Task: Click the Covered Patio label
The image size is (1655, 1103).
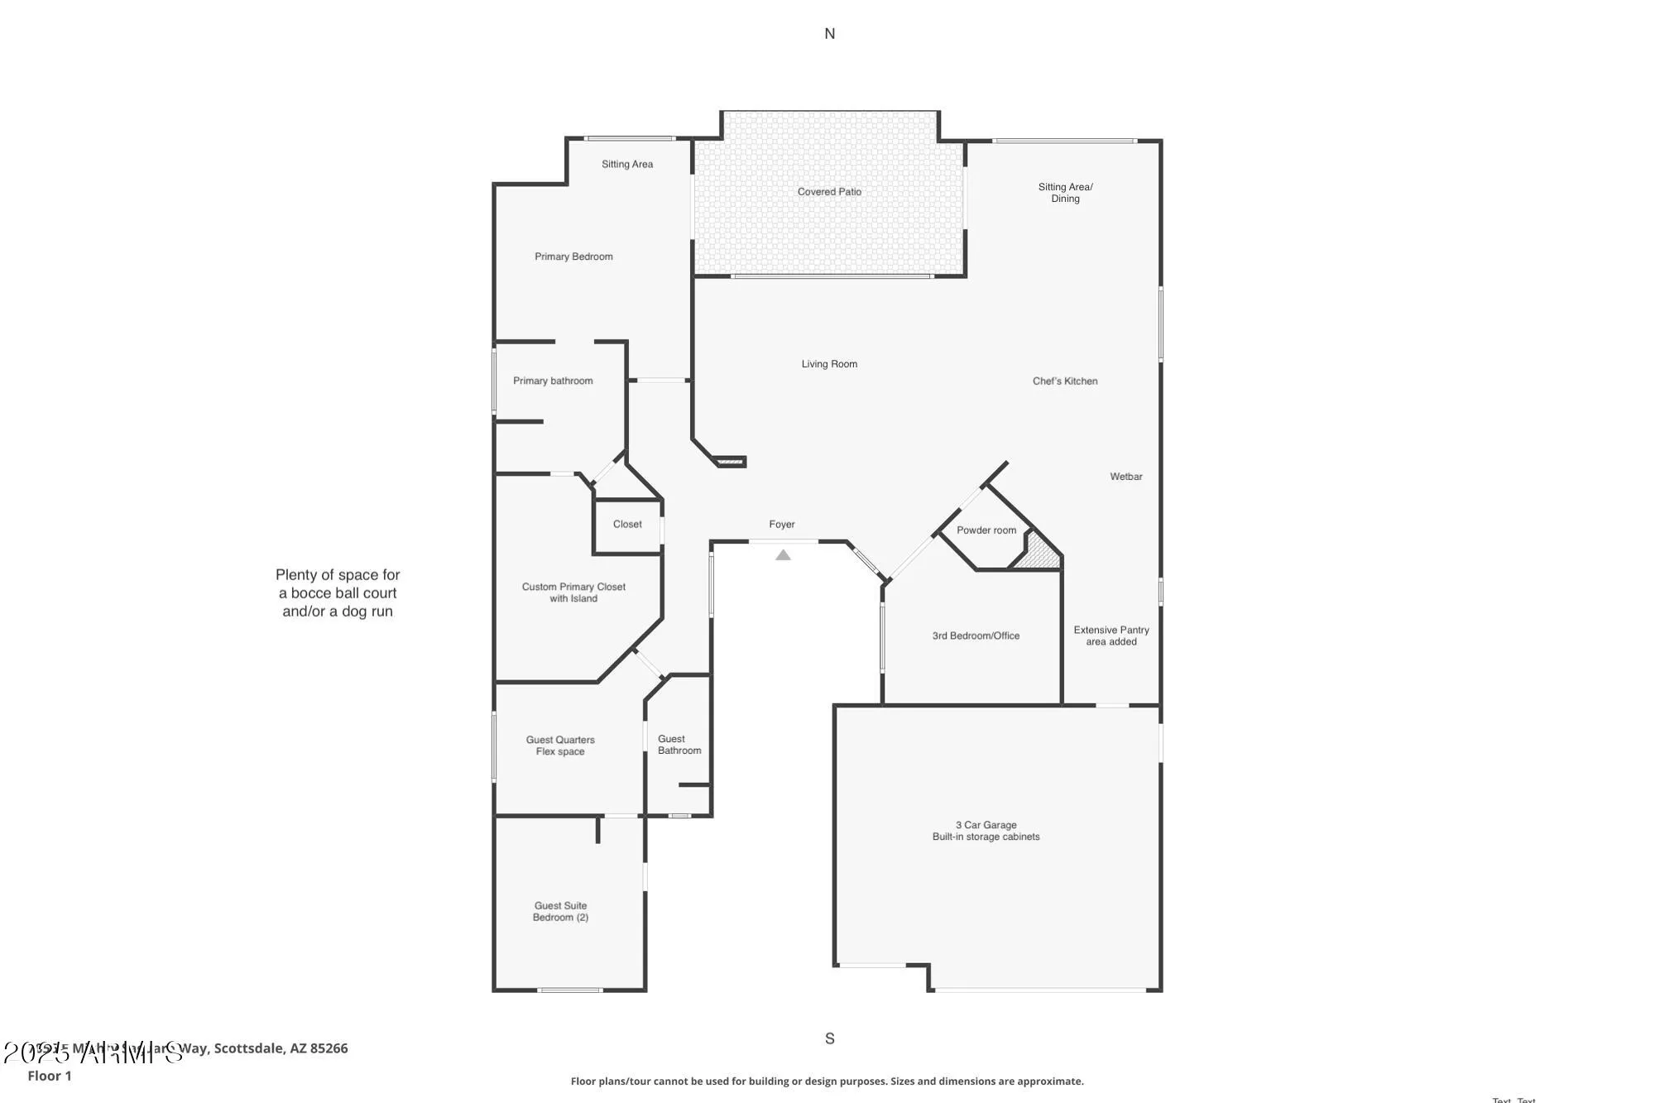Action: pos(829,192)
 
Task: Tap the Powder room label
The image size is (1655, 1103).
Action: pos(986,530)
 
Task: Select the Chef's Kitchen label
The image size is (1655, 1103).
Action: pos(1065,381)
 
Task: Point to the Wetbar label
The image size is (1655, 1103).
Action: pos(1125,477)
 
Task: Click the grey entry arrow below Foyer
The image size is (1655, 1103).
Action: pos(783,555)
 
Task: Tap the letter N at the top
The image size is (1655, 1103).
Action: pos(829,34)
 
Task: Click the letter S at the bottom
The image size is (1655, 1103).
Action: pos(829,1038)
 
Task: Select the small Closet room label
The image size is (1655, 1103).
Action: pos(627,525)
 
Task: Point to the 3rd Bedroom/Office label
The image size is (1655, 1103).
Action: pos(976,636)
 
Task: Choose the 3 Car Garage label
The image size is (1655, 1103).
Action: pos(986,831)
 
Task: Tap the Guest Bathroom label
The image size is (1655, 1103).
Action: pos(679,745)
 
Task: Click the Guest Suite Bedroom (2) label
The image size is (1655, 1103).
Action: pos(560,912)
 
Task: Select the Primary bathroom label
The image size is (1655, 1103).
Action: pos(553,381)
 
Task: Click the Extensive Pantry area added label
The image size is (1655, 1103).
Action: pos(1111,635)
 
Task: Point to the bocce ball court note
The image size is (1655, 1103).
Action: pos(338,593)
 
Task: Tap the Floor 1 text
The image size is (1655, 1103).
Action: pos(50,1076)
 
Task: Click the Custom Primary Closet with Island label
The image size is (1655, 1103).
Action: pos(573,592)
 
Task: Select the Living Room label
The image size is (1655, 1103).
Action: pos(829,364)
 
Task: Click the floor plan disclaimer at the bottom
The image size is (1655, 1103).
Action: pos(827,1081)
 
